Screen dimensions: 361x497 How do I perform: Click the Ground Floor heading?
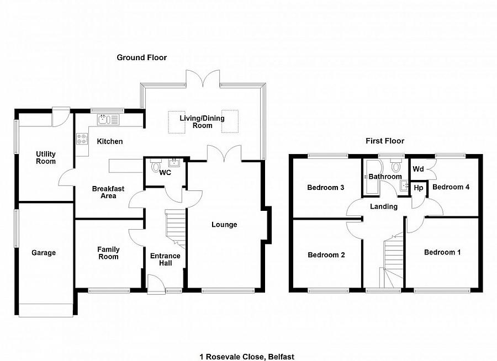pos(141,57)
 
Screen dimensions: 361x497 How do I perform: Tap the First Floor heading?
pos(385,141)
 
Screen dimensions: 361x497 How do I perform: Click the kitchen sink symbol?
pos(105,119)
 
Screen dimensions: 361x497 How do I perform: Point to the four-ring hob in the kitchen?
pos(82,139)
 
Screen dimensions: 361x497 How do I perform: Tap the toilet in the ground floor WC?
pos(155,165)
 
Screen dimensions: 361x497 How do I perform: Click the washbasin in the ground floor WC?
pos(176,163)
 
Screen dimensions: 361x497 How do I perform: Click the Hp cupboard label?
pos(418,188)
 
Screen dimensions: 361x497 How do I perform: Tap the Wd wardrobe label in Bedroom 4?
pos(418,168)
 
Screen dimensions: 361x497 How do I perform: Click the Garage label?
pos(43,253)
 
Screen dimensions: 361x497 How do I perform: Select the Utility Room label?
pos(46,157)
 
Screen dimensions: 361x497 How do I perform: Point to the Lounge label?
pos(224,225)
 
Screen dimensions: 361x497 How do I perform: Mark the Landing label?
pos(383,206)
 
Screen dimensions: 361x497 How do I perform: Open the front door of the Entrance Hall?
pos(156,283)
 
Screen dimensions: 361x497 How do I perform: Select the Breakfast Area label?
pos(108,192)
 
